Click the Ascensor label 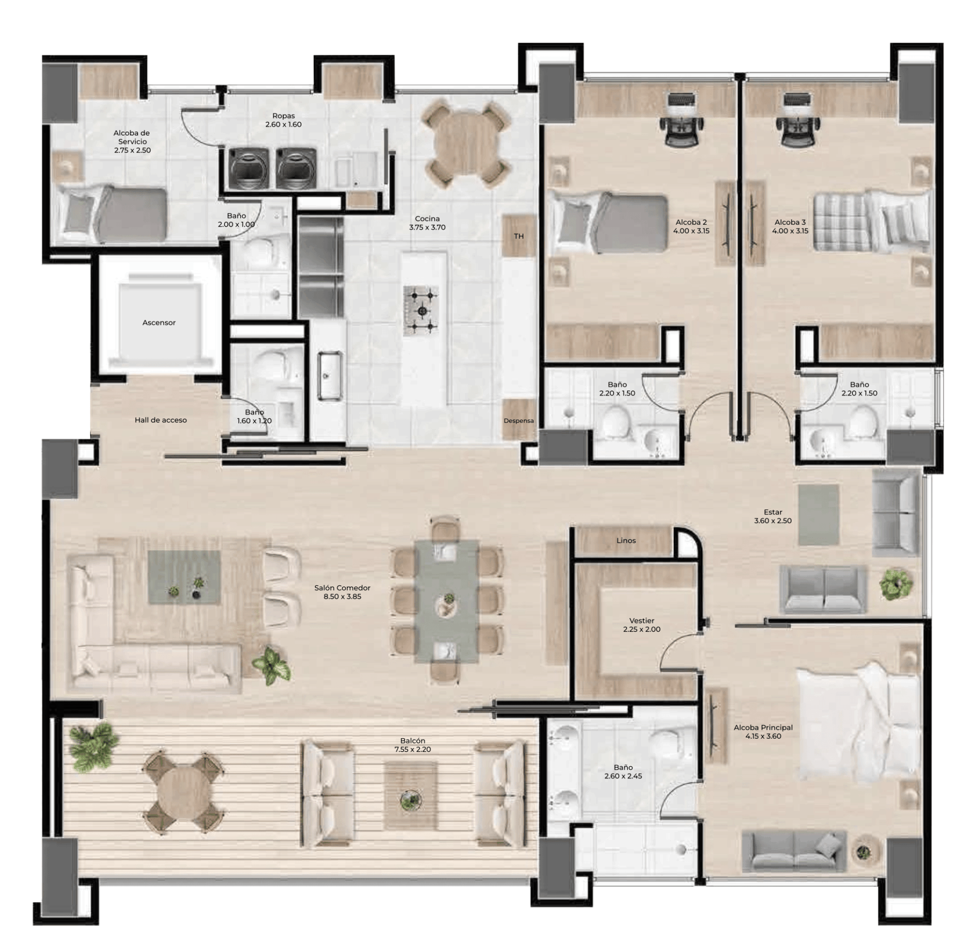coord(159,323)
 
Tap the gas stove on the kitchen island coord(422,310)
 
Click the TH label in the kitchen coord(519,236)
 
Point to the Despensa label coord(518,420)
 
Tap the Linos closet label coord(626,541)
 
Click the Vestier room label coord(641,621)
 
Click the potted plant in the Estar coord(896,584)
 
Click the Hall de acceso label coord(160,420)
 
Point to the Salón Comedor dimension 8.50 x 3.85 coord(342,596)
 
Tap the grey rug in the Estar coord(818,515)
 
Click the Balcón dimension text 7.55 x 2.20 coord(412,749)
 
